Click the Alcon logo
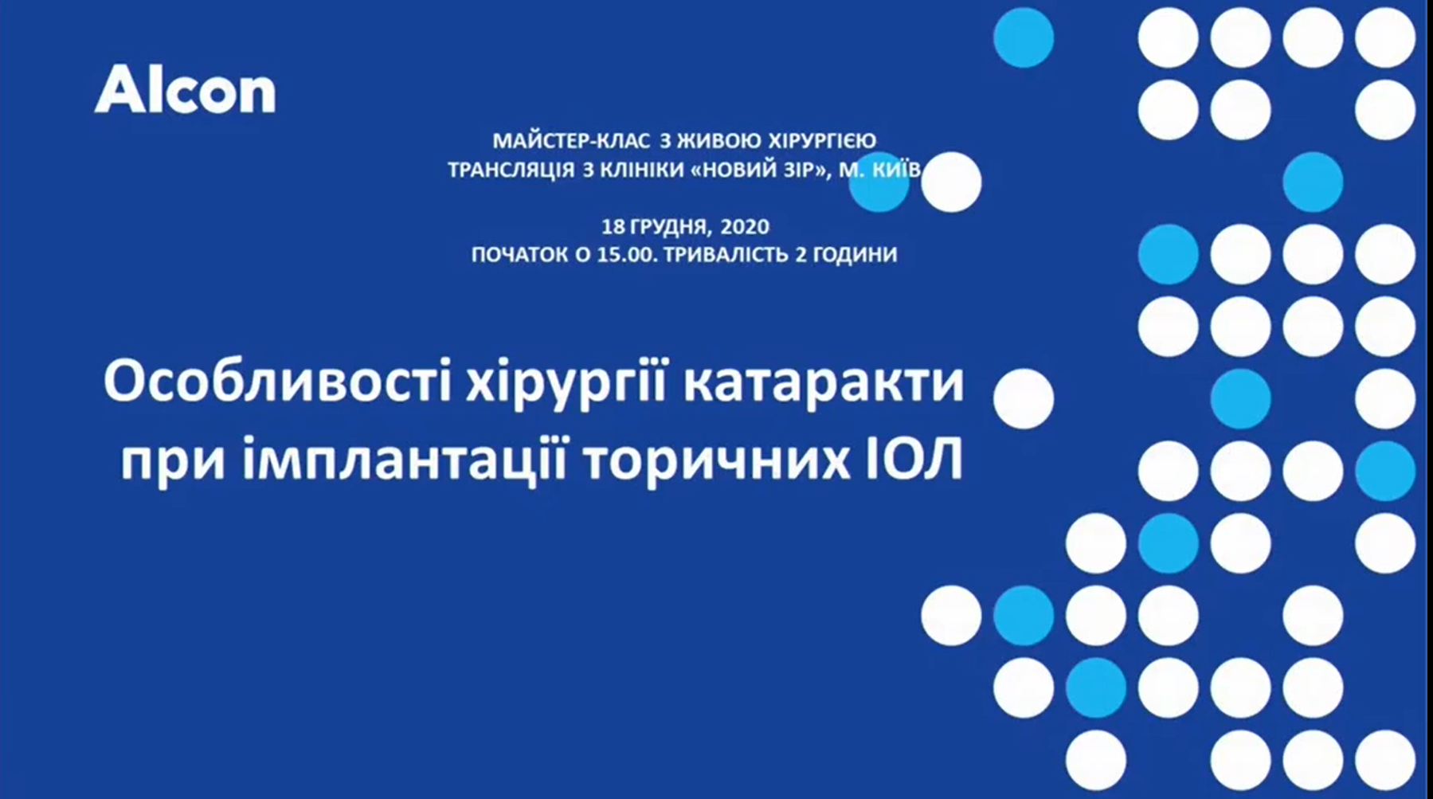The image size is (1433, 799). tap(186, 89)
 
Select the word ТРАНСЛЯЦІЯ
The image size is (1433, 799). tap(511, 170)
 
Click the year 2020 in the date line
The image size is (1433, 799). tap(745, 226)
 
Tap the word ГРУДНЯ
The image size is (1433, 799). tap(668, 226)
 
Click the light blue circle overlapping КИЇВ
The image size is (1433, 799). tap(879, 182)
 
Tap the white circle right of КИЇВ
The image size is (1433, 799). tap(951, 182)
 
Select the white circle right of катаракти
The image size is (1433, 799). tap(1024, 398)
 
